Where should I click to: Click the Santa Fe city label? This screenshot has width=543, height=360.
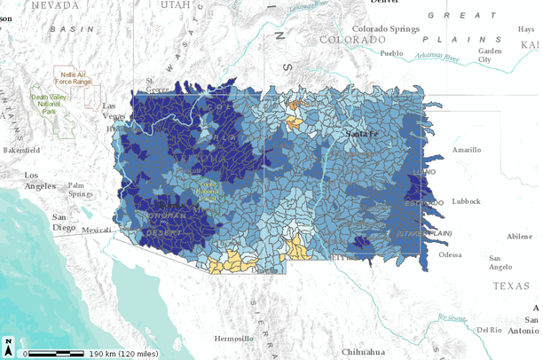(363, 133)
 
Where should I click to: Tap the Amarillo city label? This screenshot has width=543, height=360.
(466, 150)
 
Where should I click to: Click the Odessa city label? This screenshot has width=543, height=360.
(450, 254)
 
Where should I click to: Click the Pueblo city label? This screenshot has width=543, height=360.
(391, 53)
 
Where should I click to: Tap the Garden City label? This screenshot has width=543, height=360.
(490, 56)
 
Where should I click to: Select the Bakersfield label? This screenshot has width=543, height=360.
(21, 151)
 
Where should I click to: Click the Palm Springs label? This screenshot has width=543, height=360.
(82, 190)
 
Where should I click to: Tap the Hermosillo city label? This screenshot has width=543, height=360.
(234, 338)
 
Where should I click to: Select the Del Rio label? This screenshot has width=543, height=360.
(490, 330)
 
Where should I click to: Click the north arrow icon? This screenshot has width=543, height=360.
(8, 342)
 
